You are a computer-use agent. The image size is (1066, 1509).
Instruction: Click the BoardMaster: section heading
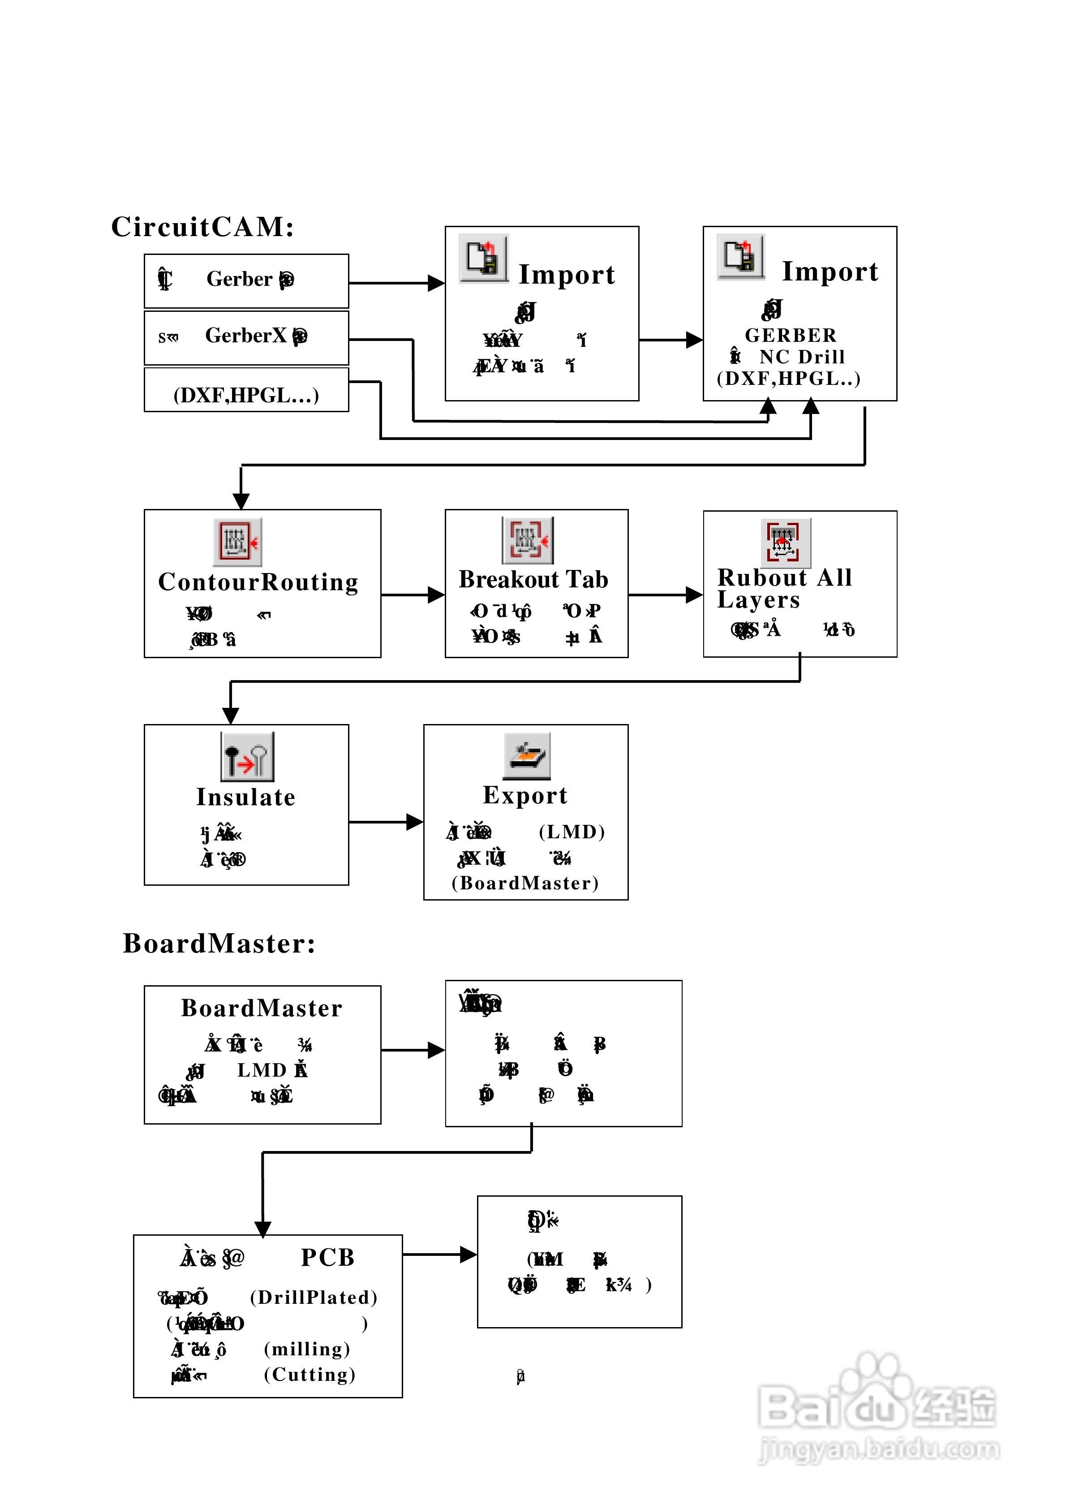coord(219,944)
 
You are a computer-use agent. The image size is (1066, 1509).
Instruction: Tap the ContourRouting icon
coord(237,542)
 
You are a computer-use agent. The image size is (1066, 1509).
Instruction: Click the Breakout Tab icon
coord(527,540)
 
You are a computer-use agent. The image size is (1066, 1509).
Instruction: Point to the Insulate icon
coord(247,756)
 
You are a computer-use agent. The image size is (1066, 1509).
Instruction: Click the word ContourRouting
coord(258,582)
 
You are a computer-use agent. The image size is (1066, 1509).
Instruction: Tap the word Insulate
coord(246,797)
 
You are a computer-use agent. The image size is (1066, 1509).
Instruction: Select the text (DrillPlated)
coord(314,1298)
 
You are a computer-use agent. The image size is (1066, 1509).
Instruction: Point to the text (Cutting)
coord(309,1375)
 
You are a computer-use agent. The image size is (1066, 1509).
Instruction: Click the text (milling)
coord(307,1349)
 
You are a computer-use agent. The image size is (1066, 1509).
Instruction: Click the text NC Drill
coord(802,357)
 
